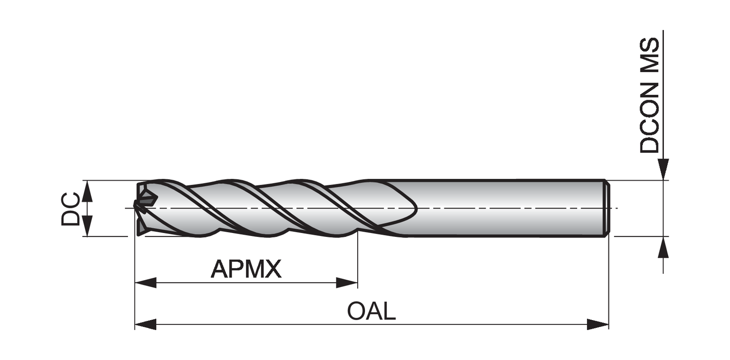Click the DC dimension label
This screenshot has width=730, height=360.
pos(71,209)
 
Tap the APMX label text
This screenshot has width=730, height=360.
pos(246,269)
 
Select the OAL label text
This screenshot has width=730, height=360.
pos(371,311)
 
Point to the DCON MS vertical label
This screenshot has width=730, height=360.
pos(650,95)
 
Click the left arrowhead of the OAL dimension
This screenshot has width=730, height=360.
pos(145,324)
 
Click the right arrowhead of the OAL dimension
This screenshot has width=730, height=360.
pos(598,324)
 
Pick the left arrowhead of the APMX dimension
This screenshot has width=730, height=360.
pos(145,283)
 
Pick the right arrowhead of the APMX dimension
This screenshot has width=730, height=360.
pos(347,283)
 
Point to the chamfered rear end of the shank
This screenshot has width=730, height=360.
pos(606,208)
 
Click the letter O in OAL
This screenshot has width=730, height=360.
pos(357,311)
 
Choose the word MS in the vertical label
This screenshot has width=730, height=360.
pos(650,53)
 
